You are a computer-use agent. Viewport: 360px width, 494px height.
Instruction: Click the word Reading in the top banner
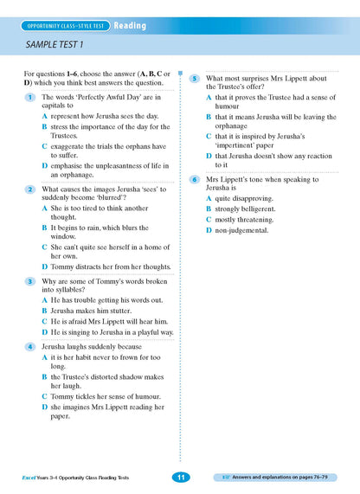click(129, 26)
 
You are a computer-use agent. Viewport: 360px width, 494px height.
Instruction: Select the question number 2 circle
click(29, 189)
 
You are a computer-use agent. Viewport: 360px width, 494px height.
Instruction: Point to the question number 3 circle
click(29, 281)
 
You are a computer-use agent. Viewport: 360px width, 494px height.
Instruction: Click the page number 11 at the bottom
click(180, 477)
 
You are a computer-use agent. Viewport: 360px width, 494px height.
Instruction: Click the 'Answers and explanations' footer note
click(286, 477)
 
